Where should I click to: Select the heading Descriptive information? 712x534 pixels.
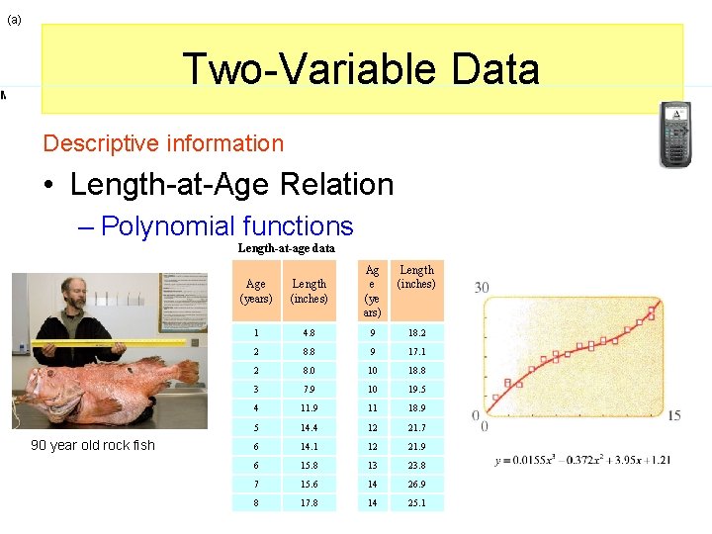click(163, 143)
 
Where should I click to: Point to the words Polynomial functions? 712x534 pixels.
click(226, 226)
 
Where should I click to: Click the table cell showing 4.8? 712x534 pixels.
click(309, 334)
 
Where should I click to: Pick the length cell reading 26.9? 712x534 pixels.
click(415, 484)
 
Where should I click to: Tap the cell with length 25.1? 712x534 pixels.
click(415, 502)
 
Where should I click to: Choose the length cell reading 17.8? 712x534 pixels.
click(309, 502)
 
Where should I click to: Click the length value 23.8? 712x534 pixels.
click(415, 465)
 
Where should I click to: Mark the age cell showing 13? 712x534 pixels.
click(372, 465)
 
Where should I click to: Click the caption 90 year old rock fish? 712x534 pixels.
click(93, 445)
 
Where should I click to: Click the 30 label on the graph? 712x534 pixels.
click(482, 287)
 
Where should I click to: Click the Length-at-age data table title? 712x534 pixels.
click(287, 248)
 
